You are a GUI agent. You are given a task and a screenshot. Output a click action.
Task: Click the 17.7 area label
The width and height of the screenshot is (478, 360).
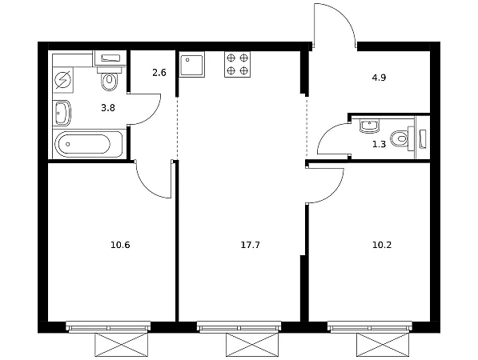pos(251,245)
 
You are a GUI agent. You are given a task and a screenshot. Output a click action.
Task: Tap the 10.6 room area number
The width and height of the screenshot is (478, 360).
pos(120,245)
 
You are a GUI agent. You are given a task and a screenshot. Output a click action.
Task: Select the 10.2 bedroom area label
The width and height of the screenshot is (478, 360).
pos(382,245)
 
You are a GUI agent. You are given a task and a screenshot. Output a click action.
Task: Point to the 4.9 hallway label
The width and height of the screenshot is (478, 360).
pos(379,78)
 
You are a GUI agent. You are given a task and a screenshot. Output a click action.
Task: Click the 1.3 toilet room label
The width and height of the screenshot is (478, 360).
pos(379,144)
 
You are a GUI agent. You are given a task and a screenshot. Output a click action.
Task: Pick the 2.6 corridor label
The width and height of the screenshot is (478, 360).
pos(159,73)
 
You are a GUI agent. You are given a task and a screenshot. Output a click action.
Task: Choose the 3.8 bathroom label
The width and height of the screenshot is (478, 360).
pos(108,108)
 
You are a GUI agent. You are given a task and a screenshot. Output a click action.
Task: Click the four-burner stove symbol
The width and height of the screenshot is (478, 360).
pos(238,64)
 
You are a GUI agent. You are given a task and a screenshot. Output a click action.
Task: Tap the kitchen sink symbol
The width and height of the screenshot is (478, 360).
pos(191,64)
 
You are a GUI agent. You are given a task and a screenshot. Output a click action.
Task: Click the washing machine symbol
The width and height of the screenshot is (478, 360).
pos(62,80)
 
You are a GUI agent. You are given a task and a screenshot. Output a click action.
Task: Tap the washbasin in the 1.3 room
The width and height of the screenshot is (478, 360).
pos(369,126)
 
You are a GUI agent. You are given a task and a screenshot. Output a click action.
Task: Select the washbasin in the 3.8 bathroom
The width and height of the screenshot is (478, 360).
pos(62,113)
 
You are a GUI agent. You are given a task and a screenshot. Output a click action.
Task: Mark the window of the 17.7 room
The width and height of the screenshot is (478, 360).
pos(239,326)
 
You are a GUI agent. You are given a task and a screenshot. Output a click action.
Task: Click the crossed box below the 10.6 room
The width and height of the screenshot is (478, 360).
pos(122,345)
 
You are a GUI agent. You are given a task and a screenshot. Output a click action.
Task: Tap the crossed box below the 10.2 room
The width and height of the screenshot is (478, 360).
pos(383,345)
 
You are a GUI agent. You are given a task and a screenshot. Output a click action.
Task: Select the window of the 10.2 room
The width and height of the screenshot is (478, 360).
pos(370,326)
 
